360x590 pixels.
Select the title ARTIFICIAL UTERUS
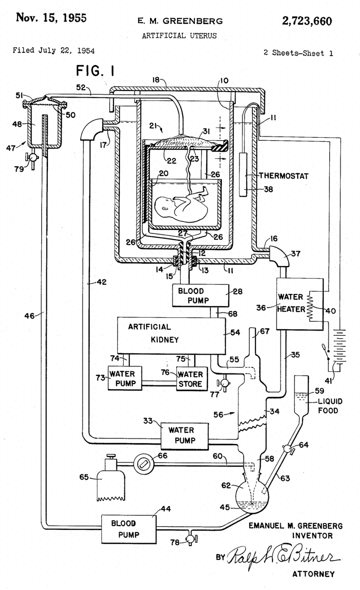(x=179, y=36)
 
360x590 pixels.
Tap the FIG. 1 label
(x=95, y=71)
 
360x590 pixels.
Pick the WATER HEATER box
(x=299, y=304)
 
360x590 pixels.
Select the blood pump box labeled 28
(x=200, y=296)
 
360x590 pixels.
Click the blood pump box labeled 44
(x=129, y=529)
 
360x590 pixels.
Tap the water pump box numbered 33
(x=184, y=435)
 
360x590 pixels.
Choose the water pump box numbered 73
(x=125, y=378)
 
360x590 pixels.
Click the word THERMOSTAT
(x=283, y=176)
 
